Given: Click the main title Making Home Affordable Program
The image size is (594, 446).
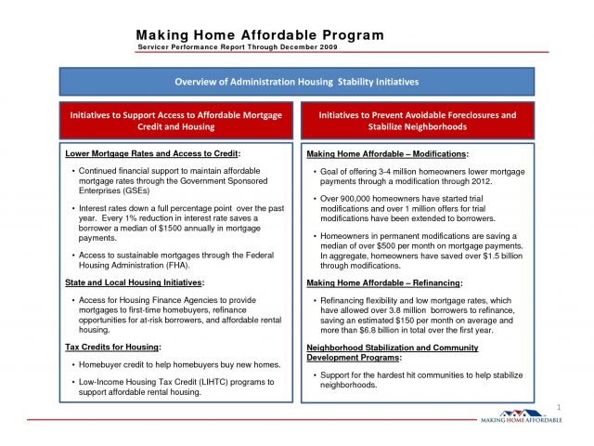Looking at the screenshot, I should coord(259,35).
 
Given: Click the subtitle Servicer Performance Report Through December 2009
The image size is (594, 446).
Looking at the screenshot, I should coord(238,46).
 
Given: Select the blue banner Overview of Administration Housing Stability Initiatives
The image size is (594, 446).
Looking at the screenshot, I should coord(297,82).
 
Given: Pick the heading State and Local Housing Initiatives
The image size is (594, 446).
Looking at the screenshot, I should coord(136,281).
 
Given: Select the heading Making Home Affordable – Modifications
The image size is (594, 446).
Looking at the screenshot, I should coord(387,152).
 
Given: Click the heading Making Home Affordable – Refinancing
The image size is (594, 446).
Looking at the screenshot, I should coord(383,282).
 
